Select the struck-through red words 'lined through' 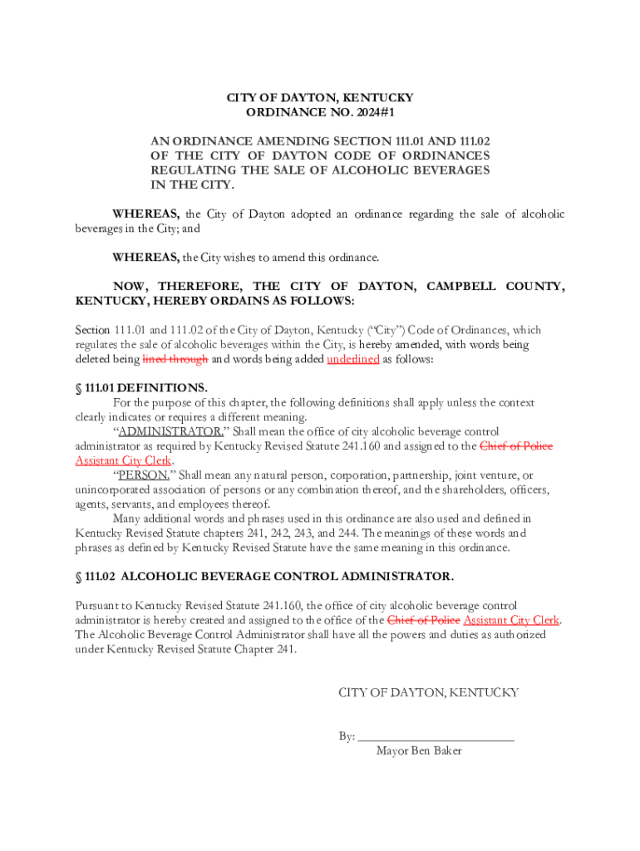175,359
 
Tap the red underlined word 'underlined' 353,359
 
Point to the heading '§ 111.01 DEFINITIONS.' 141,387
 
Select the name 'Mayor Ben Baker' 419,750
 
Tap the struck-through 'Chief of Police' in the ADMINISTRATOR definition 516,446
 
